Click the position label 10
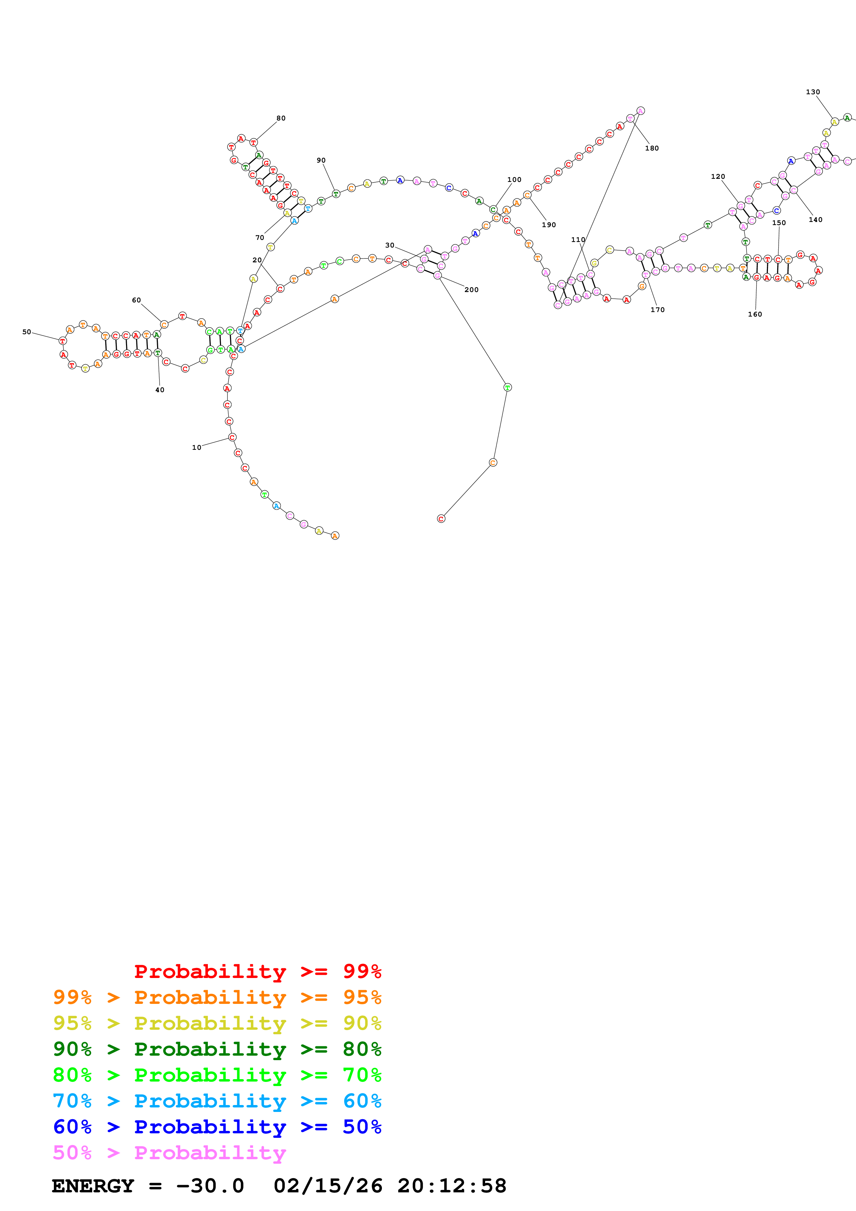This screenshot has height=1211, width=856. pos(196,447)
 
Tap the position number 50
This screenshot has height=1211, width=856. pos(26,332)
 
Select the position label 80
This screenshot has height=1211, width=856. pos(281,118)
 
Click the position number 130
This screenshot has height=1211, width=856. pos(813,92)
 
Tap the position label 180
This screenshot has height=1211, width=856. pos(652,148)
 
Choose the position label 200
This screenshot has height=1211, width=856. pos(472,290)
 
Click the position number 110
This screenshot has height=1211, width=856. pos(578,240)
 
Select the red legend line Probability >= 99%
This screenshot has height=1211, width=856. pos(257,971)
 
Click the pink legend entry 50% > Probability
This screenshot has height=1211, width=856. pos(169,1152)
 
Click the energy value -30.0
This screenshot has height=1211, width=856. pos(210,1186)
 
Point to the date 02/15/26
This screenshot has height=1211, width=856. pos(328,1186)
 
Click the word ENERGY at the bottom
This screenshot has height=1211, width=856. pos(93,1186)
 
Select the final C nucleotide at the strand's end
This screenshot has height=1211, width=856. pos(441,519)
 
